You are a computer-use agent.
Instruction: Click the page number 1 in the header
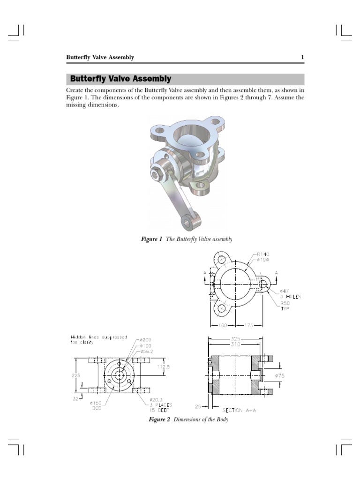(x=302, y=57)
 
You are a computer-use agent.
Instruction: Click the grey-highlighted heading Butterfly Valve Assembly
(x=120, y=79)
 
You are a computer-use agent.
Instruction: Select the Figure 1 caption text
(x=187, y=239)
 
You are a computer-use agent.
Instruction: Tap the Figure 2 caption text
(x=188, y=420)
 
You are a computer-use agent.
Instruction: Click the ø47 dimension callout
(x=285, y=291)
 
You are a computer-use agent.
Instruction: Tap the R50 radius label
(x=285, y=303)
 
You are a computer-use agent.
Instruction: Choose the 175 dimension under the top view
(x=249, y=324)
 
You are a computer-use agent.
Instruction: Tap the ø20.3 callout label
(x=151, y=399)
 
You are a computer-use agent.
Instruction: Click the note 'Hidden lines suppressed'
(x=99, y=337)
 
